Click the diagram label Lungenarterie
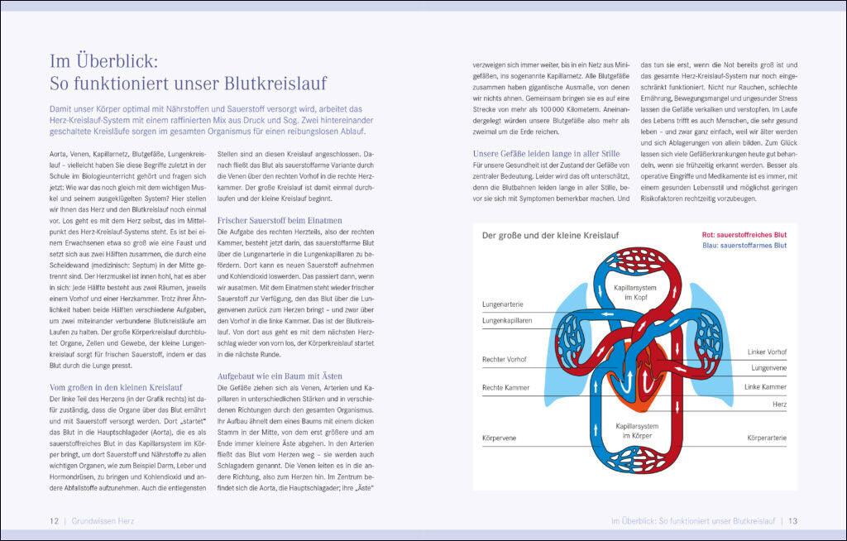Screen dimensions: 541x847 503,304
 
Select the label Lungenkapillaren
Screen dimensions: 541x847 507,319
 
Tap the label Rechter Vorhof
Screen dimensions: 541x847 505,360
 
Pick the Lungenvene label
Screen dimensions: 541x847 768,367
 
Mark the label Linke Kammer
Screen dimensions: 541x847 765,387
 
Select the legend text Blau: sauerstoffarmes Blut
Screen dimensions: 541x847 744,246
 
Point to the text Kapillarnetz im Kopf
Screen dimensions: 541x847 634,291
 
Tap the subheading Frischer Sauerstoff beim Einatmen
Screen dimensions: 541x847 280,221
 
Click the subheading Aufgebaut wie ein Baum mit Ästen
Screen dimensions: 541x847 279,376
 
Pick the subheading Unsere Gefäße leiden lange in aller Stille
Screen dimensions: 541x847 546,153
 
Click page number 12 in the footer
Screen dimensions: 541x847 53,521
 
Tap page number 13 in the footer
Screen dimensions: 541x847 792,521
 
